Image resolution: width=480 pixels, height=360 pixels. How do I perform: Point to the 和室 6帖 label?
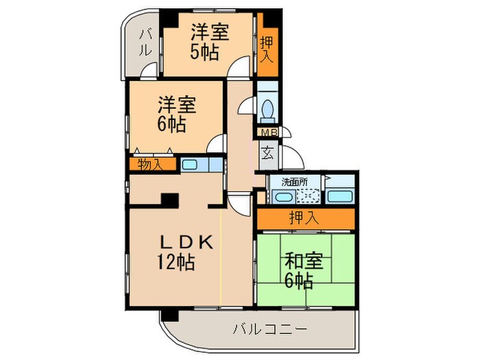tap(300, 270)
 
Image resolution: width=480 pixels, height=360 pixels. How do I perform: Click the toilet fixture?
tap(268, 110)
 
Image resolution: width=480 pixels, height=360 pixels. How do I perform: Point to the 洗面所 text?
tap(295, 182)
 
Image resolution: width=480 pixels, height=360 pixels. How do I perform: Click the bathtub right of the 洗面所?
tap(339, 197)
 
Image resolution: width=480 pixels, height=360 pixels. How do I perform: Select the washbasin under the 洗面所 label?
tap(280, 197)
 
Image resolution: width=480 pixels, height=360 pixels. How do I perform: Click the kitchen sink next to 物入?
tap(189, 165)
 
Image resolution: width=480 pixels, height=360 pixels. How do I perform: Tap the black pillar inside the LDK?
tap(169, 200)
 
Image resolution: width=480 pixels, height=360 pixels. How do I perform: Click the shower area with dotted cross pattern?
tap(308, 196)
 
